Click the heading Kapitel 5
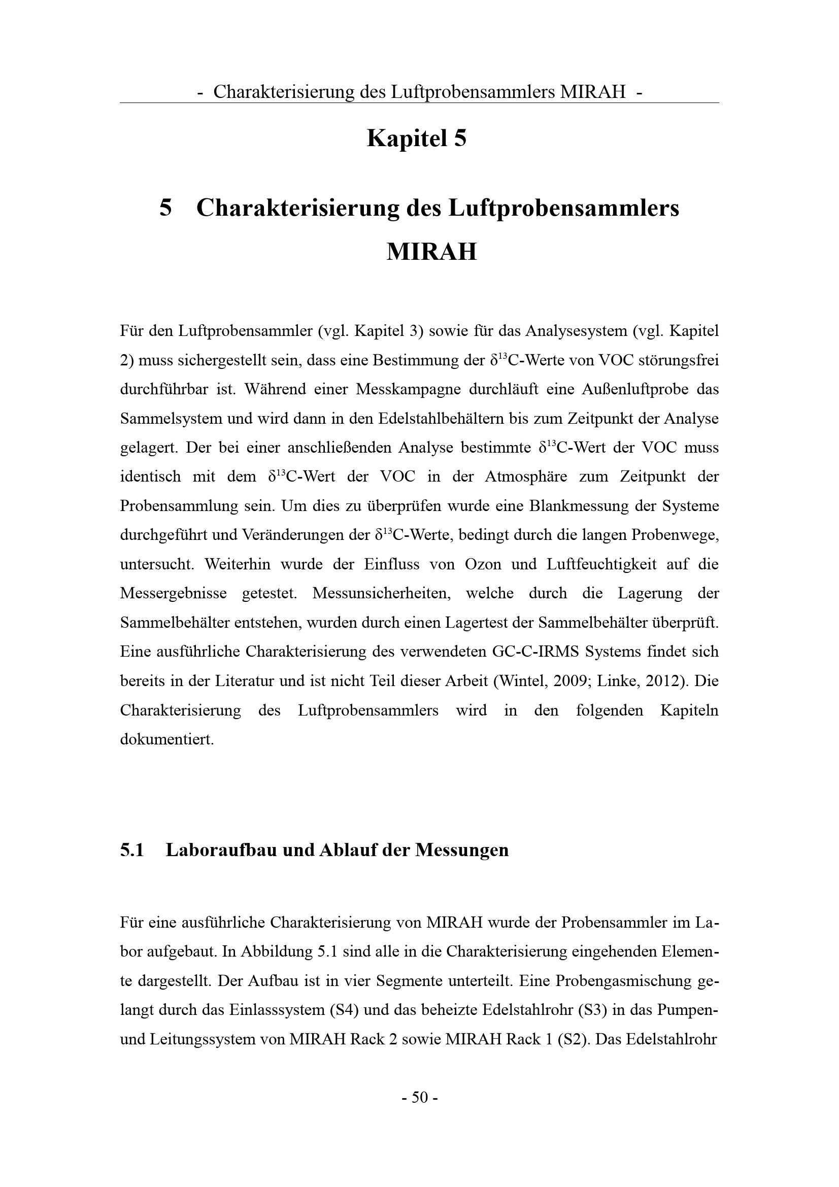(417, 139)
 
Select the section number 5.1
(132, 850)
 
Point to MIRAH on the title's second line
(431, 252)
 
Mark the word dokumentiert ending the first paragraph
(166, 739)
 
